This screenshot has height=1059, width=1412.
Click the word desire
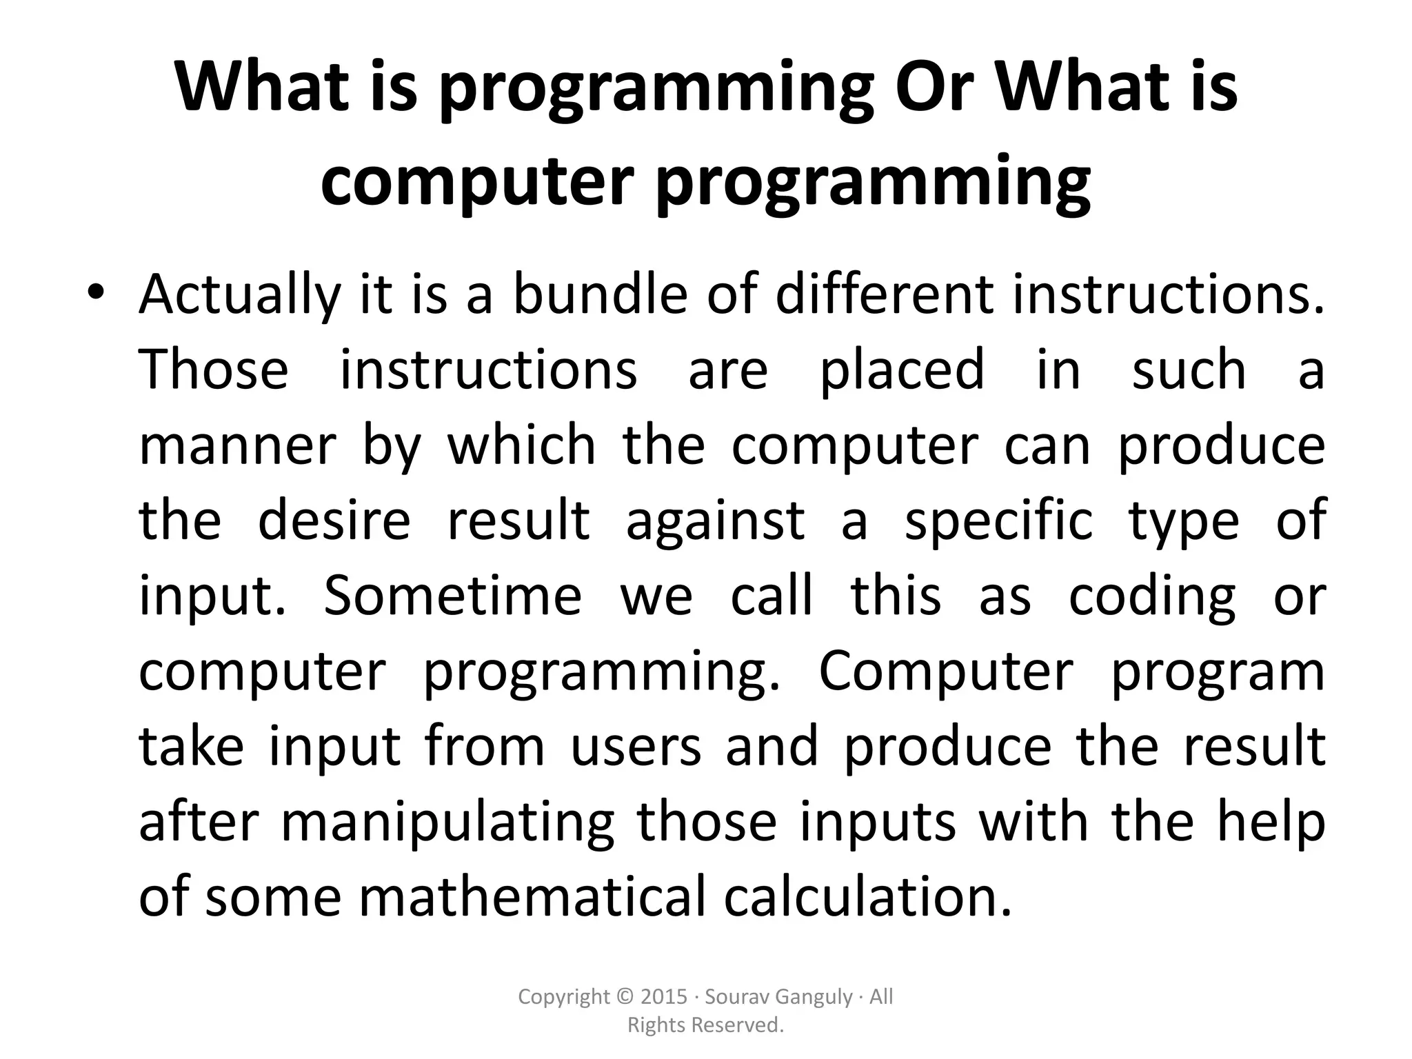click(334, 521)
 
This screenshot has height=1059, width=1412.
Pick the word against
click(715, 521)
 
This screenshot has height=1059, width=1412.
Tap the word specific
click(998, 521)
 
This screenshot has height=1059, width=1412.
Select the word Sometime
click(452, 596)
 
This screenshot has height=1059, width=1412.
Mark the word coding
click(1152, 596)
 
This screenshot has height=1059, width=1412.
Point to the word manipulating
click(447, 822)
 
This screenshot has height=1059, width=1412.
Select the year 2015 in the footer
click(664, 997)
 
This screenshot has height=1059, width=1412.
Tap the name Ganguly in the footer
click(814, 998)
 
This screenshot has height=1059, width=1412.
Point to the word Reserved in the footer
click(743, 1026)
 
